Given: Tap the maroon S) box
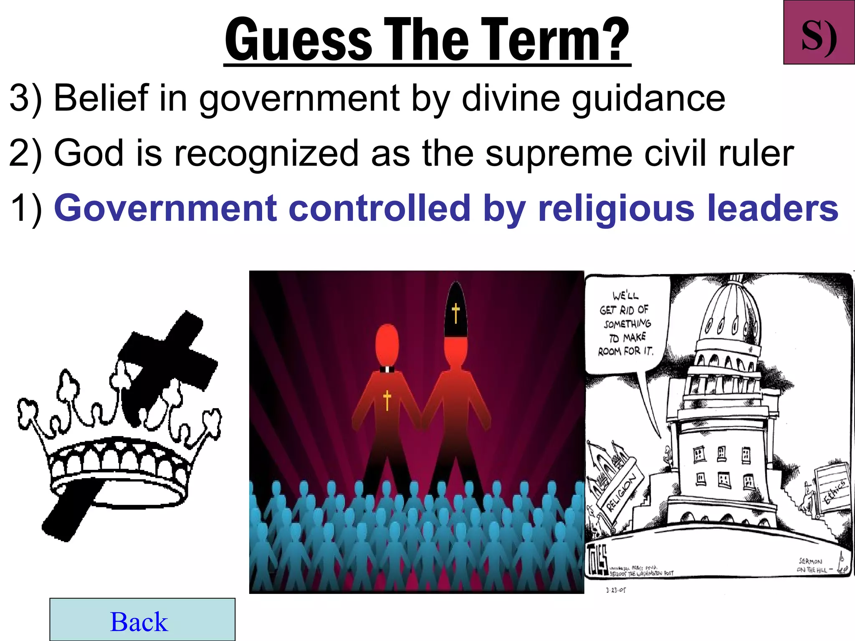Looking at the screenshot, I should [819, 33].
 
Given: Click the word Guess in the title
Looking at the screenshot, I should [298, 40].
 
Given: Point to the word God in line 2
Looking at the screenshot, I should [89, 153].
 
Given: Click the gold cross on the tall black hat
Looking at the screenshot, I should [455, 313].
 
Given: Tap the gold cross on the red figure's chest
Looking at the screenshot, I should [387, 400].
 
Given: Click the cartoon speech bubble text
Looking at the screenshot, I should [626, 323].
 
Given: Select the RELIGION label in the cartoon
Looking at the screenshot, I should [621, 492].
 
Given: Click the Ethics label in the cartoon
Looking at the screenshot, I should [835, 492].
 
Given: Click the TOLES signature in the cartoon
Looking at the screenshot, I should [597, 559].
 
